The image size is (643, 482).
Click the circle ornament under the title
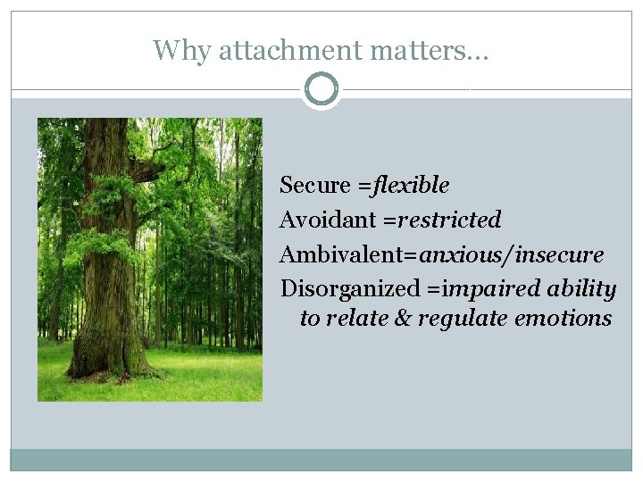tap(321, 89)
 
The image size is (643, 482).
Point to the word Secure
tap(314, 186)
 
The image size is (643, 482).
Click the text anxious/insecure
tap(511, 255)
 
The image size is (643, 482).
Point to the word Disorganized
tap(349, 289)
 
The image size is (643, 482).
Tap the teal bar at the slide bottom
tap(321, 460)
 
